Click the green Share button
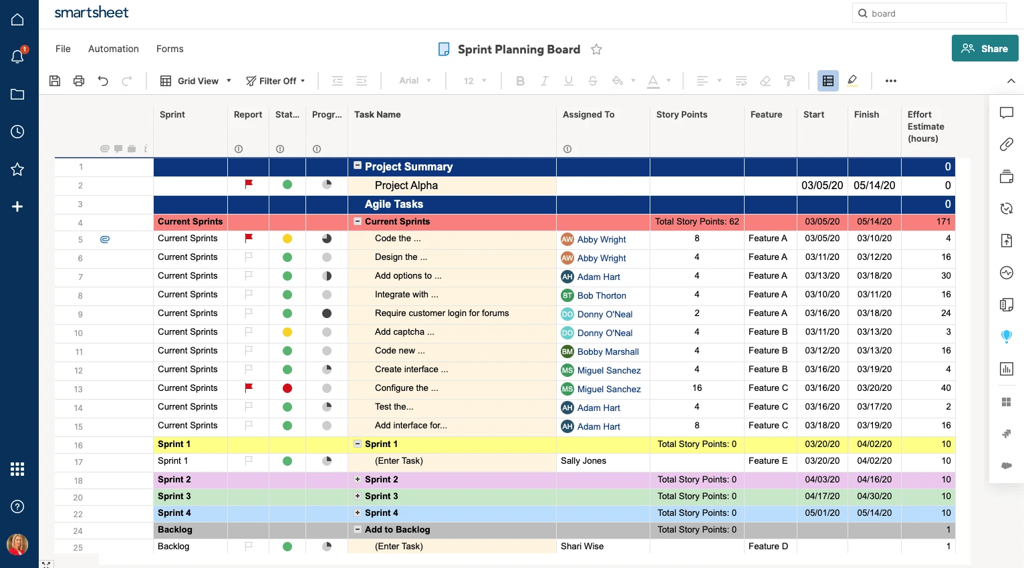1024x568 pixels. click(x=985, y=49)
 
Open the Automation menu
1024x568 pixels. click(x=114, y=49)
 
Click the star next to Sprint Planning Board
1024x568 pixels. click(x=596, y=49)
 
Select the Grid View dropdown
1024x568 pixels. click(x=196, y=81)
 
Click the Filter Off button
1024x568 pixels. click(x=275, y=81)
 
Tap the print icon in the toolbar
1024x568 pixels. click(x=79, y=81)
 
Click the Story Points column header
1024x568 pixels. click(x=681, y=114)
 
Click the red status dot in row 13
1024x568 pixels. click(x=287, y=388)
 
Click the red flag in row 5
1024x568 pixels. click(x=249, y=238)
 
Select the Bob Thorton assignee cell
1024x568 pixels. click(x=602, y=295)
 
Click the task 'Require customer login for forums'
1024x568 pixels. click(x=442, y=313)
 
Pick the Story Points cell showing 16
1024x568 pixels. click(x=696, y=388)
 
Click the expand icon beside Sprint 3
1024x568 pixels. click(x=358, y=496)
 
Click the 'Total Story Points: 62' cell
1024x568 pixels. click(x=696, y=222)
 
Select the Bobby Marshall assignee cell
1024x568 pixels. click(x=608, y=351)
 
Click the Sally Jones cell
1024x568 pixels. click(x=584, y=461)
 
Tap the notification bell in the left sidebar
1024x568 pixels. click(x=18, y=57)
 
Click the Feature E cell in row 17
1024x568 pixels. click(x=768, y=461)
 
